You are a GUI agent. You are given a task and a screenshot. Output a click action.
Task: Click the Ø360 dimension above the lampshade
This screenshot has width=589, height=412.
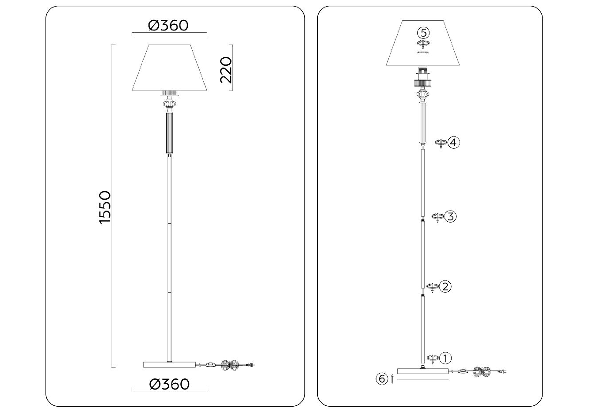click(x=168, y=26)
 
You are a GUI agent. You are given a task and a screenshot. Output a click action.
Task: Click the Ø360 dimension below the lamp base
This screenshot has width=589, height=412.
click(x=169, y=384)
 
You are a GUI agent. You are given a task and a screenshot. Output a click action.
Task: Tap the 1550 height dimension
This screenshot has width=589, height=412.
click(x=105, y=208)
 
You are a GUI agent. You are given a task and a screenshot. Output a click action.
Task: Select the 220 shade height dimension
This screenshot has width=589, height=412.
click(x=226, y=70)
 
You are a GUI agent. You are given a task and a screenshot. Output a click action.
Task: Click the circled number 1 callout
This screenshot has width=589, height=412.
click(x=445, y=358)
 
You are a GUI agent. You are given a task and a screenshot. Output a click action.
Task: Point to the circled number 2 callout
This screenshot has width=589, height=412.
click(x=445, y=287)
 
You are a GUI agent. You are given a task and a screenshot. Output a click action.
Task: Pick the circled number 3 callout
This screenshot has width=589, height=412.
click(x=450, y=216)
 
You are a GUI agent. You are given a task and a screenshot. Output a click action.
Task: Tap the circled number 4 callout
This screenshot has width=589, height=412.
click(x=454, y=143)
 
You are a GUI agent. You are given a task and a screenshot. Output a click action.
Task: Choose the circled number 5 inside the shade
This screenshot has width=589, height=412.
click(x=423, y=33)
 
